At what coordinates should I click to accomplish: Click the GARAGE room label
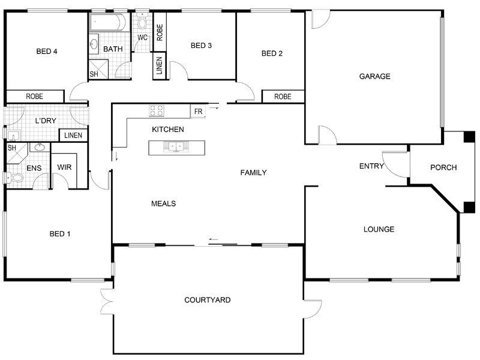(x=374, y=76)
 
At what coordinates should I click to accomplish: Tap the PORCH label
(x=443, y=167)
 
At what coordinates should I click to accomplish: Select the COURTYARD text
(x=207, y=299)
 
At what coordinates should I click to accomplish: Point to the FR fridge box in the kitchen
(x=198, y=112)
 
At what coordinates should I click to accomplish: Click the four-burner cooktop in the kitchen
(x=157, y=111)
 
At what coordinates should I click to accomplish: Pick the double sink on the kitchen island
(x=176, y=146)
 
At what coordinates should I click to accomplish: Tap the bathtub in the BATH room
(x=109, y=22)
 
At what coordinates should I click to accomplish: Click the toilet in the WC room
(x=142, y=21)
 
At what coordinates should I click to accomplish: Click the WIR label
(x=64, y=167)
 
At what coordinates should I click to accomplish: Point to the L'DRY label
(x=46, y=121)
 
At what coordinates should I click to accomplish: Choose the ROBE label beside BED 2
(x=283, y=97)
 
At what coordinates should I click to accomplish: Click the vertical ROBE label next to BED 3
(x=160, y=32)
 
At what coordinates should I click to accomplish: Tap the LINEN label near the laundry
(x=73, y=136)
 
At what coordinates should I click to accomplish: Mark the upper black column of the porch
(x=469, y=137)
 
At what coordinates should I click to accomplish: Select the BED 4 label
(x=47, y=51)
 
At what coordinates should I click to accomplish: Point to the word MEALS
(x=163, y=203)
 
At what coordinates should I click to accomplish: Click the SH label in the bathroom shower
(x=94, y=74)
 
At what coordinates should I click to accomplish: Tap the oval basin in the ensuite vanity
(x=40, y=147)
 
